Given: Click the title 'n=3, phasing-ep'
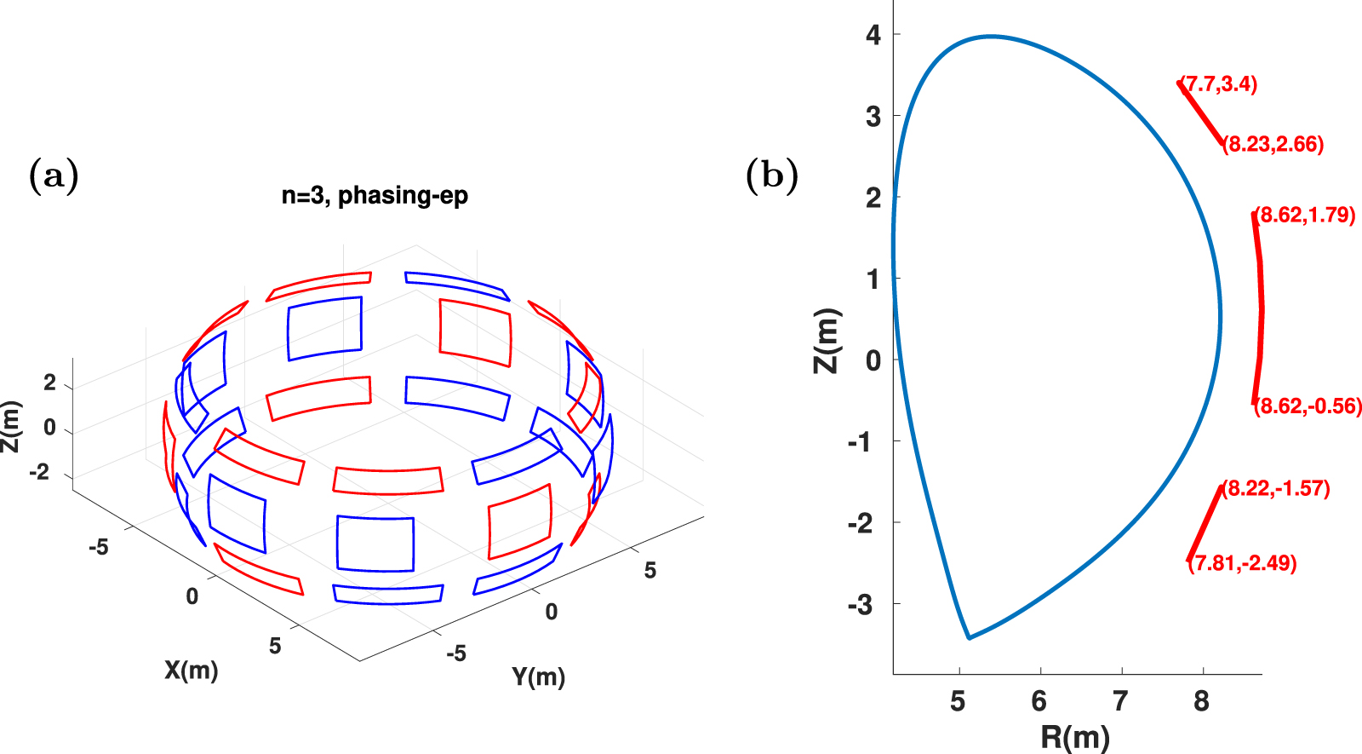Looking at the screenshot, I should (375, 196).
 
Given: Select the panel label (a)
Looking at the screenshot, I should (54, 176).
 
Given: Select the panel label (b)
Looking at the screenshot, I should (771, 176).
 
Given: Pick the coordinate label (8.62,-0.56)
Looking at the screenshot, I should (1308, 406).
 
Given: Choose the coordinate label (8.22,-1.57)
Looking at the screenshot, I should (1276, 489).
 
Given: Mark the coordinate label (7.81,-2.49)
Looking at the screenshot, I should (1243, 563).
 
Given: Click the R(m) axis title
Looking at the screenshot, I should (1075, 736).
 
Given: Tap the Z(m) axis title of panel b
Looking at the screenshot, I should (827, 341).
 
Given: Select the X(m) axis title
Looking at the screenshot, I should (192, 671).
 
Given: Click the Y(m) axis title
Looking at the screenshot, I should (538, 677).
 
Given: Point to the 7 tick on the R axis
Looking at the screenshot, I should (1120, 701).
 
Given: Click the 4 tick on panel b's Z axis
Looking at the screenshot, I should (873, 35).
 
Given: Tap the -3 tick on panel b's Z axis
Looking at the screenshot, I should (861, 605).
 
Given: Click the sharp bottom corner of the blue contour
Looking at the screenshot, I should (969, 637).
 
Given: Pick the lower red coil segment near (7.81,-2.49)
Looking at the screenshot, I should (1205, 523).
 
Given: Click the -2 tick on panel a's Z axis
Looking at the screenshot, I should (40, 472).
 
